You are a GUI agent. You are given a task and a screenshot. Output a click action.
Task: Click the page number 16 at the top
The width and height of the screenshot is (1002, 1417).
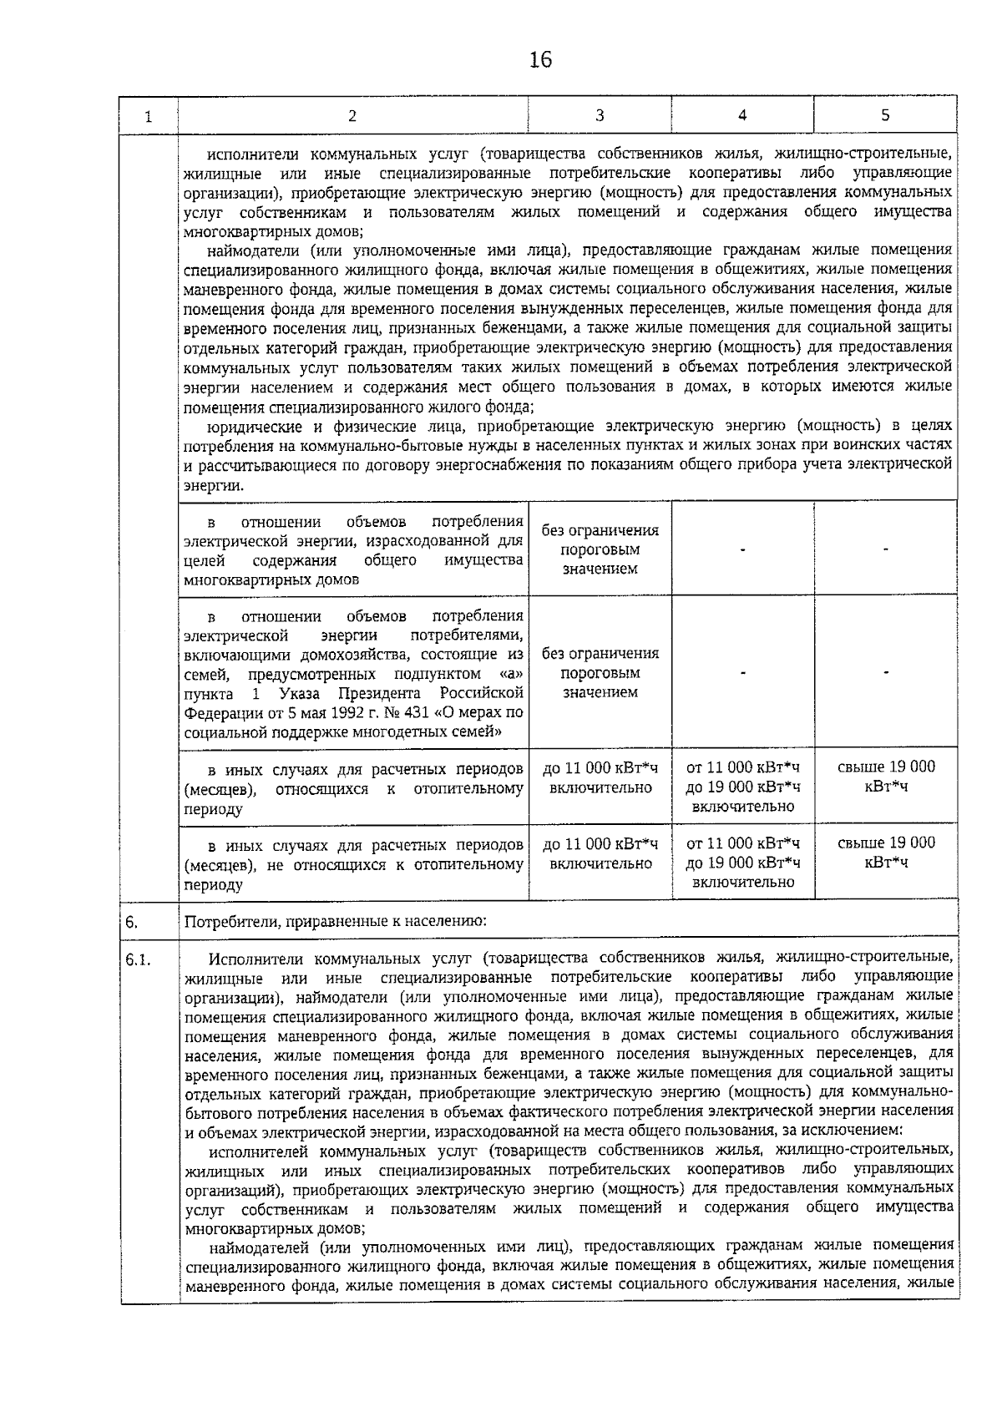(540, 60)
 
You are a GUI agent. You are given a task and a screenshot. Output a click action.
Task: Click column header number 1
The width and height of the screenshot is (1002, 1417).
(148, 117)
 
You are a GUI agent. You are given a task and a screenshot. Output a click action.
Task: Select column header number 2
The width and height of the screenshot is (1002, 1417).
(352, 116)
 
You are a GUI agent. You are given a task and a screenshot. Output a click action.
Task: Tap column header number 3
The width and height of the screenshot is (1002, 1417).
(600, 115)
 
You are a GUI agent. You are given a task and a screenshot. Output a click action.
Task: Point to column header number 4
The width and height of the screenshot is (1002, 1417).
(741, 115)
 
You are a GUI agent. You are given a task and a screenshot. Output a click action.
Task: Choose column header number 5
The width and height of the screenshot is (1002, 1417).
(885, 115)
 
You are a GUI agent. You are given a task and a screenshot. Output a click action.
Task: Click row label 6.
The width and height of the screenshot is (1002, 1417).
(132, 923)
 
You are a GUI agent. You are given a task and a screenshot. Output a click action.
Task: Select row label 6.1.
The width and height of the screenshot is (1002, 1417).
(138, 960)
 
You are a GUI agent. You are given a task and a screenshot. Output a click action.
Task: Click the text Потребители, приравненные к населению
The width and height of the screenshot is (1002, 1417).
(336, 923)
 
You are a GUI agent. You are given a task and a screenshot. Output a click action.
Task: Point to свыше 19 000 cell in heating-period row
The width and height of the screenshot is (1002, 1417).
(886, 777)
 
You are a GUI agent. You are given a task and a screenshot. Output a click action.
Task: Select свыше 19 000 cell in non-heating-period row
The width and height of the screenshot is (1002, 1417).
(886, 853)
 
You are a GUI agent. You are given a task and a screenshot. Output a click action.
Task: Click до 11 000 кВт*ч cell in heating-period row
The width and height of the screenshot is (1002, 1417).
(600, 777)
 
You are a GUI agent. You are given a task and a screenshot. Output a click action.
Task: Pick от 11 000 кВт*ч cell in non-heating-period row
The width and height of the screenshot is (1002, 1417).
(742, 862)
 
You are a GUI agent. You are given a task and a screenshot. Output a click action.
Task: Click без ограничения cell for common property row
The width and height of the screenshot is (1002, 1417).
(600, 549)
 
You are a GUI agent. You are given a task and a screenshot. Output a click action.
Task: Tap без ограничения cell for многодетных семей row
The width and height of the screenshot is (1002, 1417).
(600, 672)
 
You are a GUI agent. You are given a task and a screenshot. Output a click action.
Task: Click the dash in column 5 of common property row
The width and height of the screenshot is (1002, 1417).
(886, 549)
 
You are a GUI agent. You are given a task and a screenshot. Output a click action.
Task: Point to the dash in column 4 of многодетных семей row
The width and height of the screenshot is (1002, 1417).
(742, 672)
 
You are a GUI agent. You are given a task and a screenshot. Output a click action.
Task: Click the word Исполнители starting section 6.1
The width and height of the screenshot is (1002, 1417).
(250, 957)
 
